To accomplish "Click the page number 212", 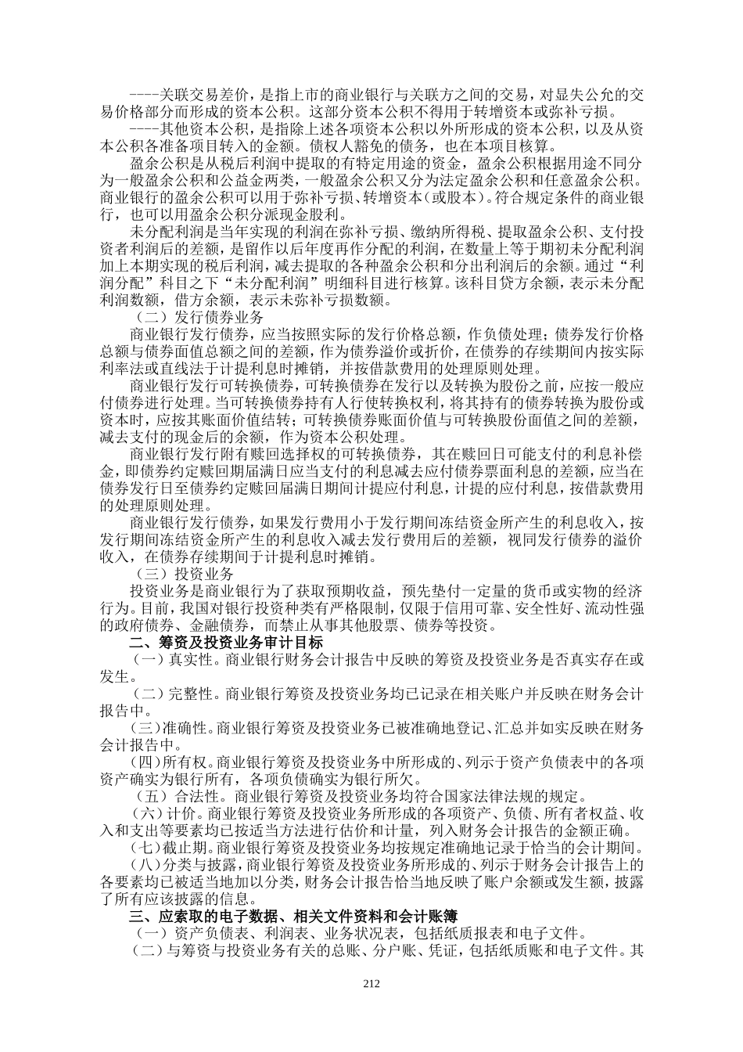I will (371, 984).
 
